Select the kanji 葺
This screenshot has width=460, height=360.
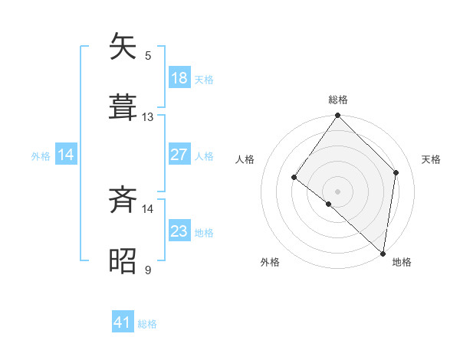tap(123, 107)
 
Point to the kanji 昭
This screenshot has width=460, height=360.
tap(123, 260)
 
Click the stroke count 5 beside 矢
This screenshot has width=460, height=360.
tap(148, 55)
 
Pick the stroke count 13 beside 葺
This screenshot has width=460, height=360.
tap(148, 117)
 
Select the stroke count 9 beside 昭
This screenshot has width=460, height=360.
tap(148, 270)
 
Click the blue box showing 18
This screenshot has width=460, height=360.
tap(179, 78)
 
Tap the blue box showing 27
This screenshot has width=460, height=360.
tap(179, 155)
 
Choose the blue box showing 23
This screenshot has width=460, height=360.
tap(179, 231)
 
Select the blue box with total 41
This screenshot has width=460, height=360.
tap(123, 322)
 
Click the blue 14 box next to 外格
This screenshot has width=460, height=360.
tap(66, 155)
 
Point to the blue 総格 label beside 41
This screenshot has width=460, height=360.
tap(147, 324)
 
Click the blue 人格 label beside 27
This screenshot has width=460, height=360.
tap(204, 155)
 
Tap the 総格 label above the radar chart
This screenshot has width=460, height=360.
tap(338, 100)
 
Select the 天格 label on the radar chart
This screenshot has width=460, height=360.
tap(432, 159)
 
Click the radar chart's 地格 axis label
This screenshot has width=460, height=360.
tap(402, 262)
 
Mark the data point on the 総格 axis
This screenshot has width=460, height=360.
tap(338, 116)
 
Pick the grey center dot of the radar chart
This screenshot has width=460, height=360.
tap(338, 191)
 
